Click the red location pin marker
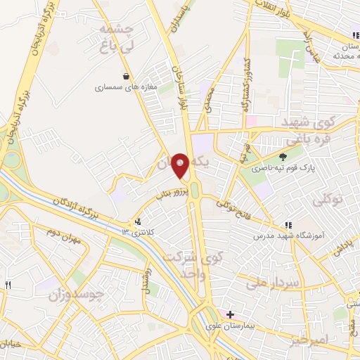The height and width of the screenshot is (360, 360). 180,166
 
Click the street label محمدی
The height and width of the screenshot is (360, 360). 208,99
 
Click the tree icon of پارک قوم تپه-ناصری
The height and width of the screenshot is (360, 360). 283,157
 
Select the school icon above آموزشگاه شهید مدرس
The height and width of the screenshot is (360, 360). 287,225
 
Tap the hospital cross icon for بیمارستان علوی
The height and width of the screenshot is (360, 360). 230,314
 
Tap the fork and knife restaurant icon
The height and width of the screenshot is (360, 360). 8,285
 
